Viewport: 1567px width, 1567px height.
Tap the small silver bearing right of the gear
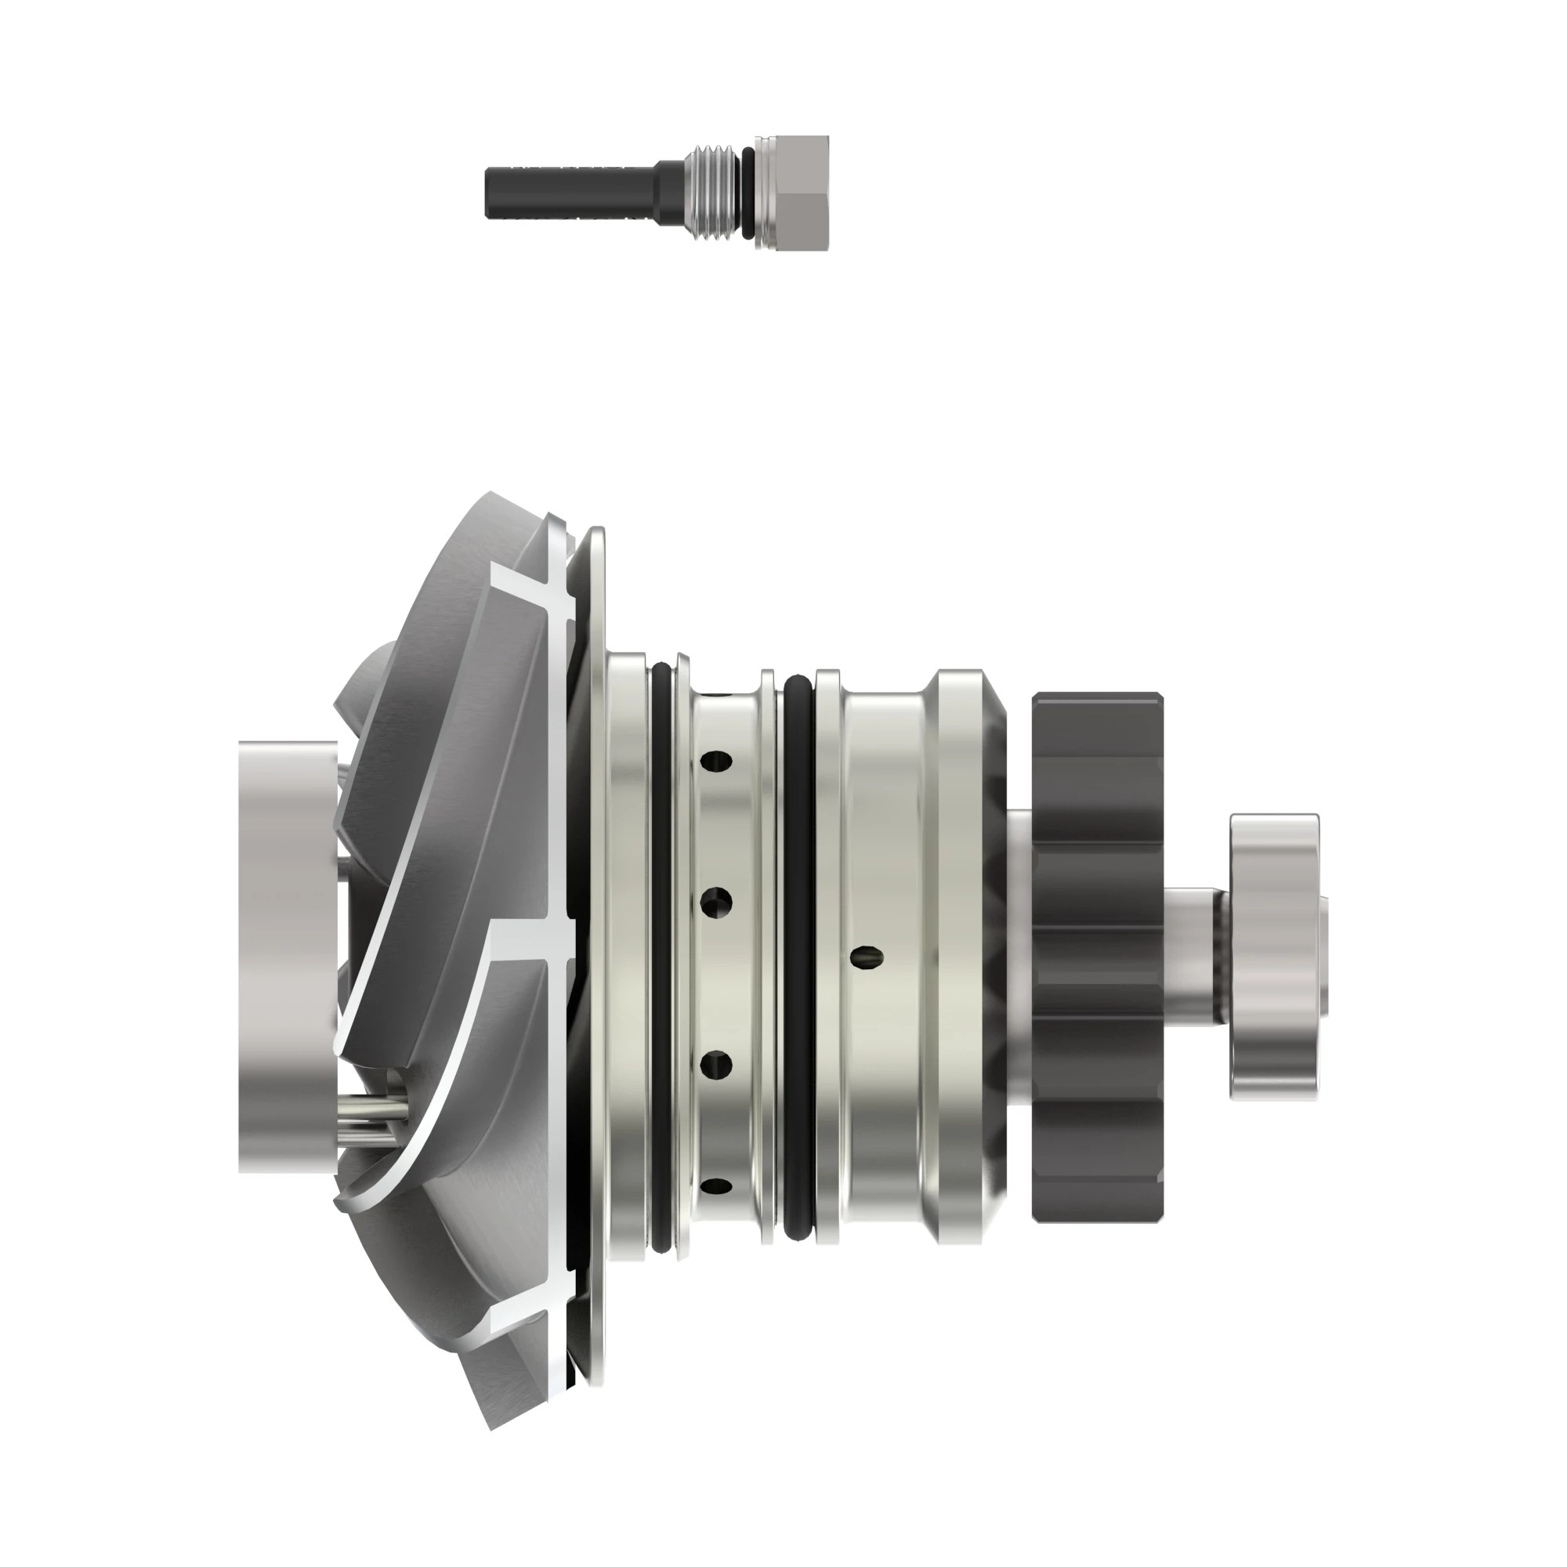coord(1274,957)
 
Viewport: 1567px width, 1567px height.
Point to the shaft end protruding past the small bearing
coord(1323,957)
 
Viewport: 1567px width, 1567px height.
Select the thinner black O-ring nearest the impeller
coord(661,957)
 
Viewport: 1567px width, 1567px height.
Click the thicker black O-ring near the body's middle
coord(800,957)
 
